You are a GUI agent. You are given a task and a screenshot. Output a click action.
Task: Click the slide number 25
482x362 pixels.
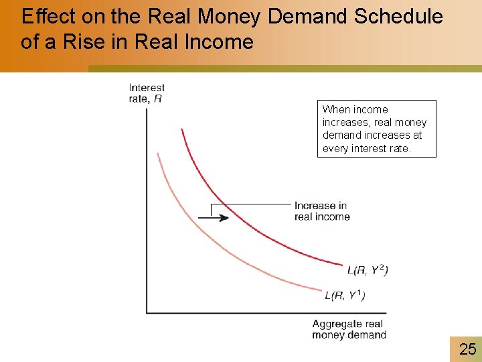point(467,348)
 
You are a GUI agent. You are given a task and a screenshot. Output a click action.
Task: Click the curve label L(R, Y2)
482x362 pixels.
point(368,270)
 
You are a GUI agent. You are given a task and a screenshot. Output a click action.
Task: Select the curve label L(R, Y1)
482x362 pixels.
point(345,296)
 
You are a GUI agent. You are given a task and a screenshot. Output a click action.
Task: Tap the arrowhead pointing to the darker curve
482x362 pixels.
point(224,217)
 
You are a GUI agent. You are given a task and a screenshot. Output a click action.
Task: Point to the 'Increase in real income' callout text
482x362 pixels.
point(321,211)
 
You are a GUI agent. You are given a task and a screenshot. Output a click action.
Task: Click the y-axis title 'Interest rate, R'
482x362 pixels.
point(146,93)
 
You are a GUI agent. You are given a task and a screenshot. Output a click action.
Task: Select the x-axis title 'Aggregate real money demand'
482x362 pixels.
point(348,329)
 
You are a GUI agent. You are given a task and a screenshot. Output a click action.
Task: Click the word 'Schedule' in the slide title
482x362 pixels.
point(399,17)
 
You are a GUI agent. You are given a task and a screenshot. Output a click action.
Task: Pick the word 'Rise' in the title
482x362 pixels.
point(112,42)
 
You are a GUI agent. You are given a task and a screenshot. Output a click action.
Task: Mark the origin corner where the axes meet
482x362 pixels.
point(147,312)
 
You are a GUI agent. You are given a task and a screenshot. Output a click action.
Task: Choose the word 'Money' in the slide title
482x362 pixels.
point(230,17)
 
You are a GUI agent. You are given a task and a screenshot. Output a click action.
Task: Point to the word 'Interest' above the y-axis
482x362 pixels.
point(147,88)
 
